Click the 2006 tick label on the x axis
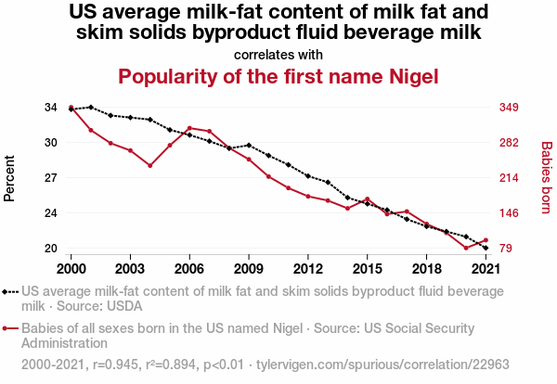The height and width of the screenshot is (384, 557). tap(189, 268)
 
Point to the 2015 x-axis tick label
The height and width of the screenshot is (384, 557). tap(367, 268)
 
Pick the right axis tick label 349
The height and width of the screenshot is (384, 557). tap(509, 108)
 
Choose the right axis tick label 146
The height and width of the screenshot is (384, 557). tap(509, 213)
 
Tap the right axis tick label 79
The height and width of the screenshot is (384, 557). tap(505, 249)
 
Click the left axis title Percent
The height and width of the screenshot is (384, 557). tap(10, 178)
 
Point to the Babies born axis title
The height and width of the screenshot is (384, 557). tap(547, 178)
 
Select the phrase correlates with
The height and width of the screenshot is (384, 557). tap(278, 54)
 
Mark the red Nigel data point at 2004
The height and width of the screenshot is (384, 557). tap(149, 166)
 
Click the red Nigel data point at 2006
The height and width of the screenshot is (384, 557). tap(189, 128)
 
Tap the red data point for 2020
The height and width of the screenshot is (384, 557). tap(466, 249)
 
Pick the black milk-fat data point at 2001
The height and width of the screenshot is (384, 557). tap(90, 108)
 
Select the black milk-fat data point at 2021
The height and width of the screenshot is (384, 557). tap(486, 249)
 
